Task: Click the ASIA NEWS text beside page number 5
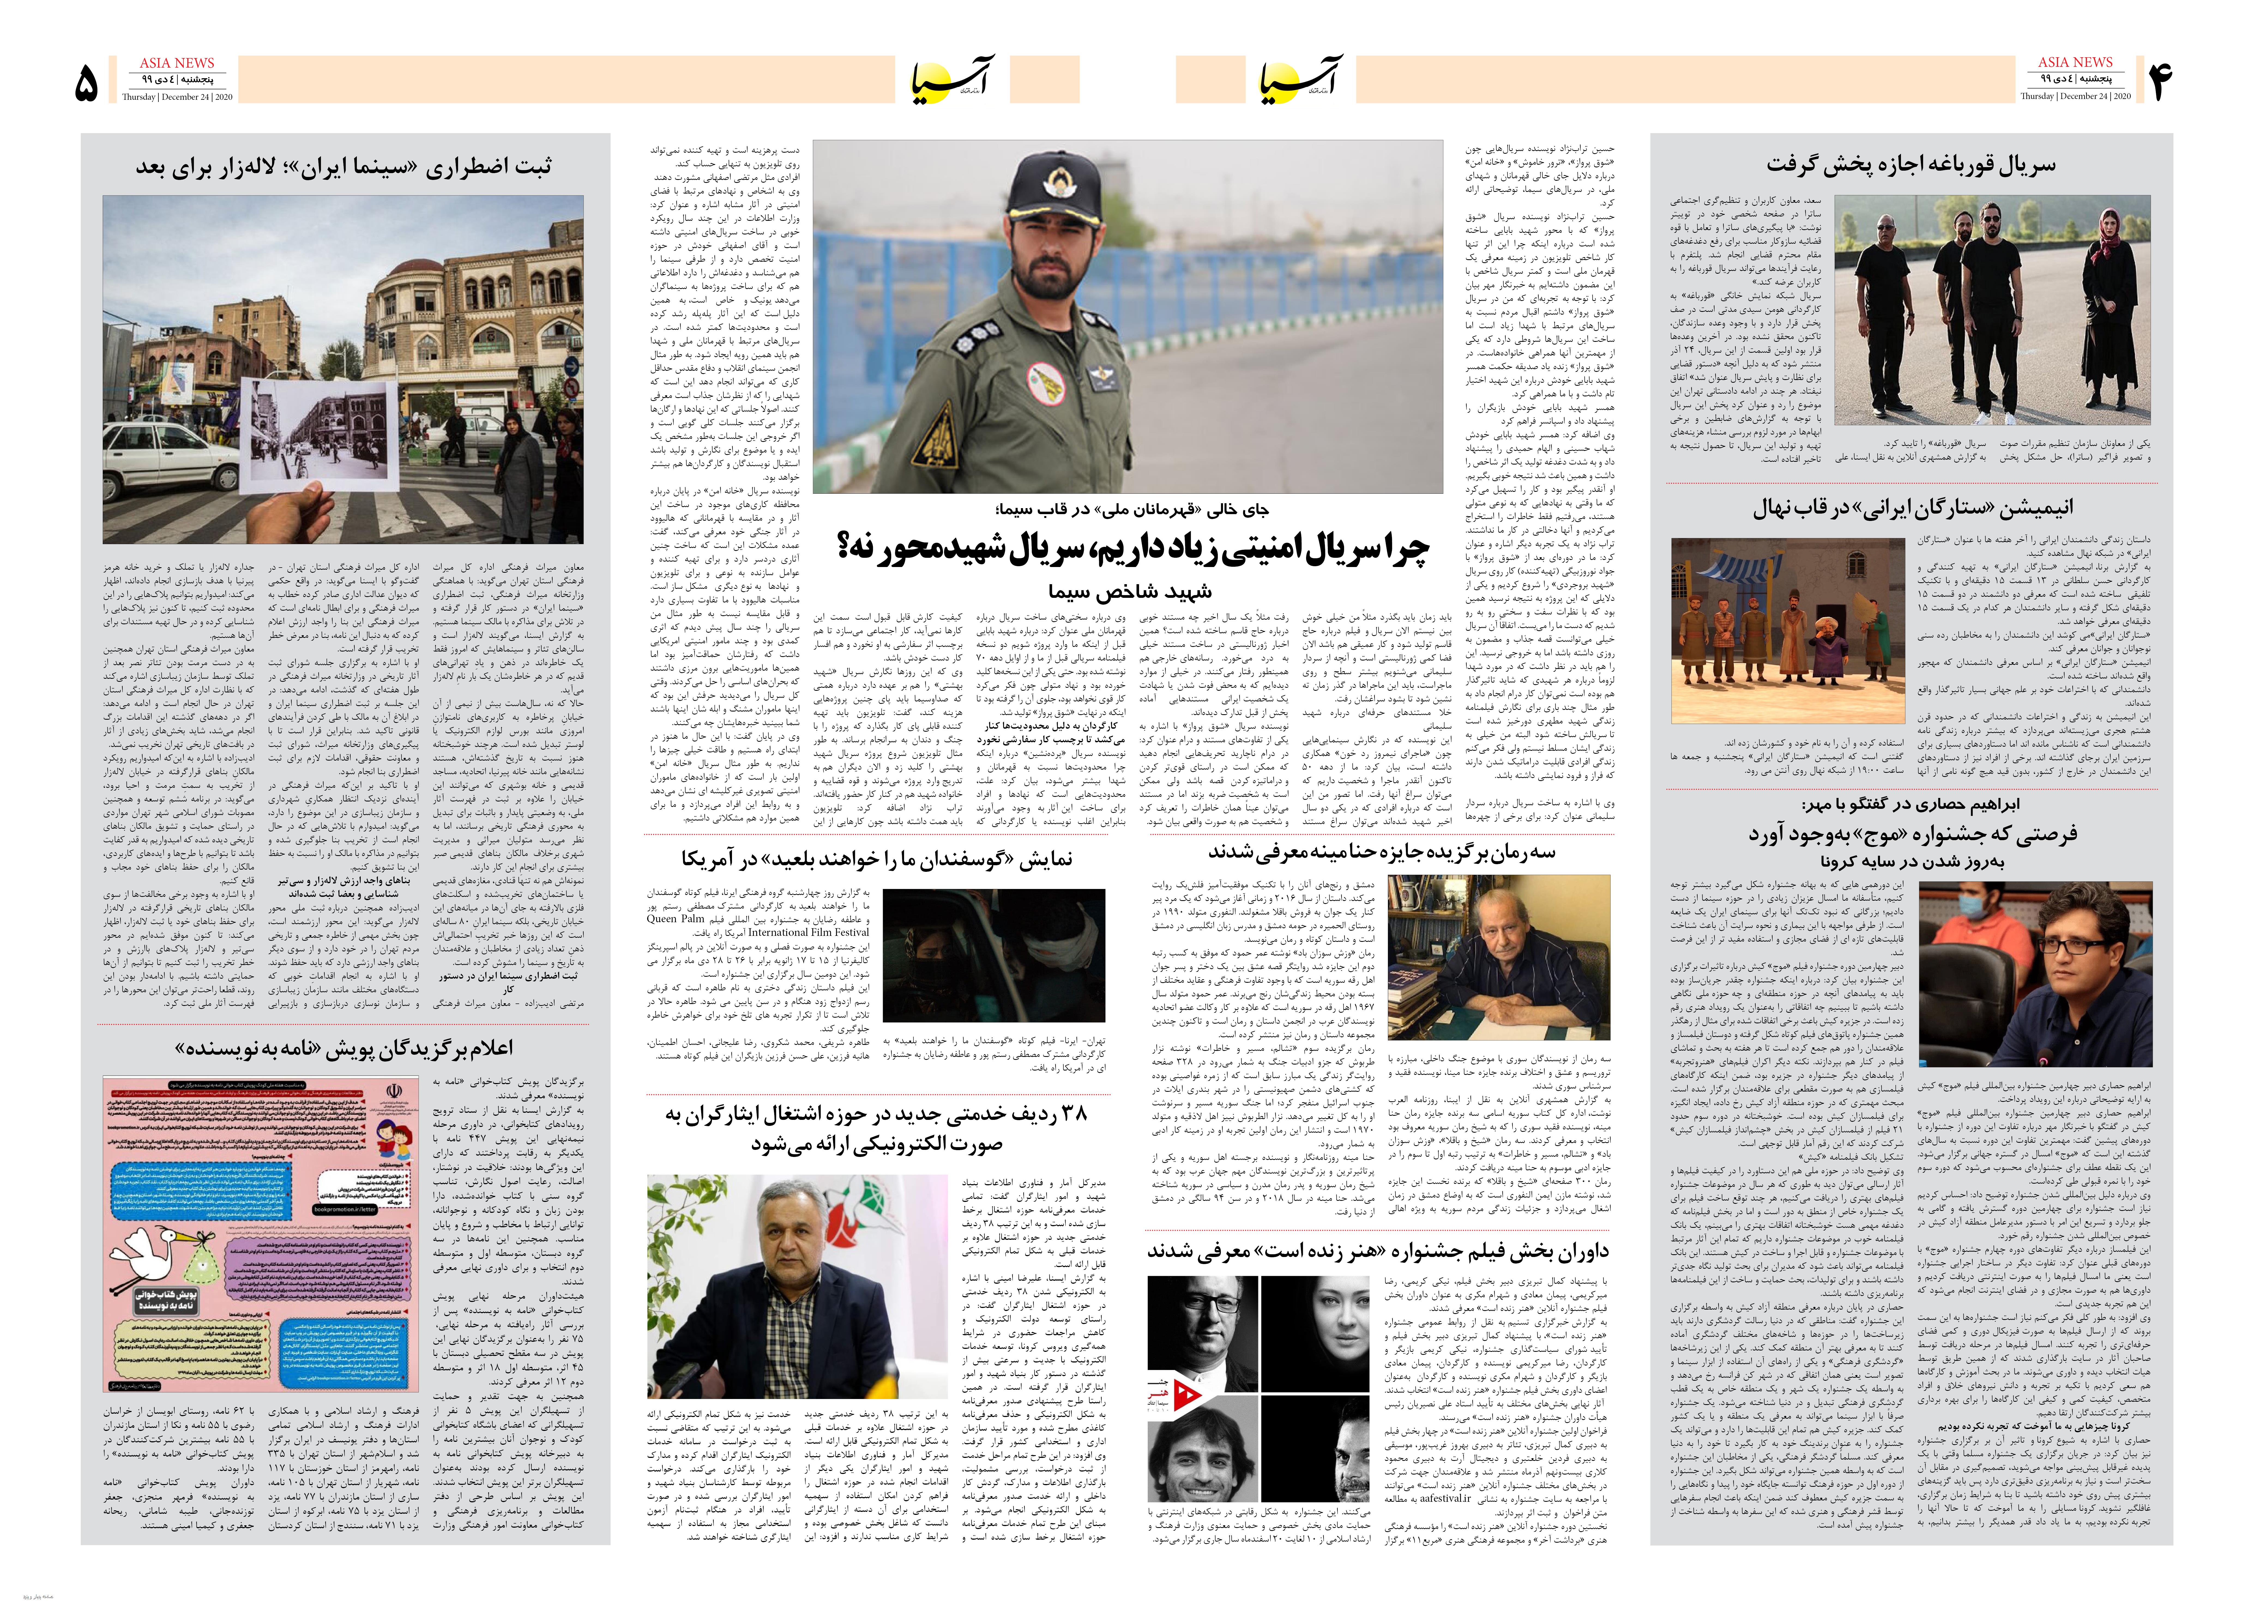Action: pos(176,62)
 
